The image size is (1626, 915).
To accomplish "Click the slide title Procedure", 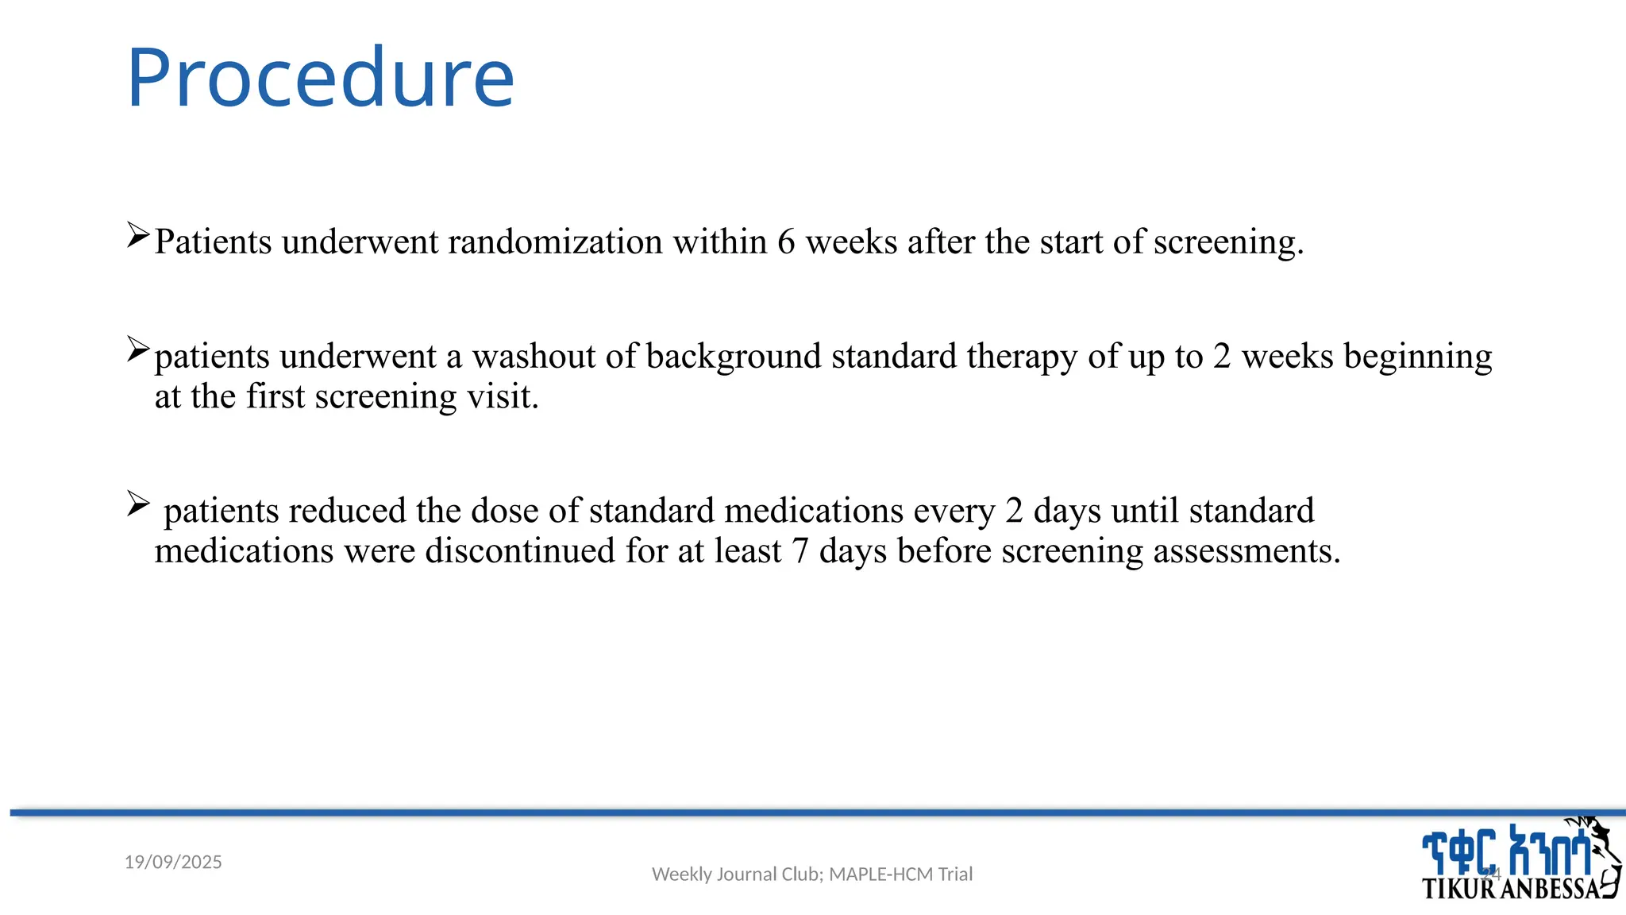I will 320,78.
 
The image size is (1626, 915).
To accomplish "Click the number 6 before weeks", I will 786,241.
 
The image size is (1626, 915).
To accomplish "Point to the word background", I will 734,356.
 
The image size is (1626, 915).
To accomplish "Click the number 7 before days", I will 800,551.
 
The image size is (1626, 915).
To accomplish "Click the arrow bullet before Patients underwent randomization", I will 138,235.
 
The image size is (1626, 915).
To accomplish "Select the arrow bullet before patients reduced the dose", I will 138,504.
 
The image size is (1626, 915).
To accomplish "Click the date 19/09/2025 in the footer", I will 173,862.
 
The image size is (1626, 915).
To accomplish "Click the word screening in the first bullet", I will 1227,241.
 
